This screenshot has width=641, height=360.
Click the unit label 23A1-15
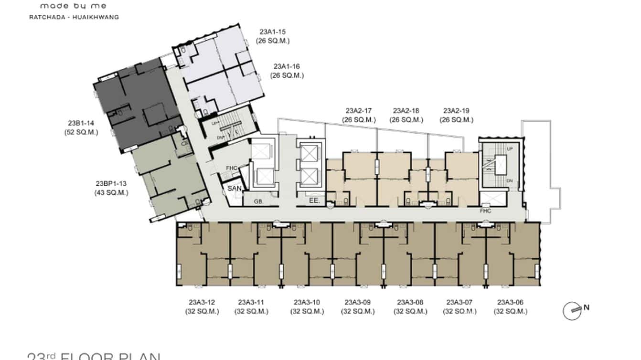click(x=273, y=32)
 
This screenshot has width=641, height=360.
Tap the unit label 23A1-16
click(x=287, y=67)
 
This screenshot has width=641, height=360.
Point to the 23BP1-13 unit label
click(x=111, y=184)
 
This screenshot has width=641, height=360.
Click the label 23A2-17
click(x=359, y=111)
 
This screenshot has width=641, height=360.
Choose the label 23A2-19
click(x=458, y=111)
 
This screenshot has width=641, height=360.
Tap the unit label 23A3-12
click(x=202, y=302)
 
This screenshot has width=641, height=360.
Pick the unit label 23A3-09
click(x=358, y=302)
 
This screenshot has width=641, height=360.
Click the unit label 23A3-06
click(x=511, y=302)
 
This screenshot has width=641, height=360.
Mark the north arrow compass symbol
click(x=572, y=311)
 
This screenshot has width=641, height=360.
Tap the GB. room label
click(x=258, y=202)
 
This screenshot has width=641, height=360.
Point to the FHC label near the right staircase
click(x=486, y=211)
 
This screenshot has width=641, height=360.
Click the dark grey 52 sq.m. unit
click(x=136, y=105)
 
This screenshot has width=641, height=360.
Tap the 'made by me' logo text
click(x=73, y=6)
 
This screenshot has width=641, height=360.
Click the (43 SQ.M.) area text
click(x=111, y=192)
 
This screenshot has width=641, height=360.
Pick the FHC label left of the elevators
click(x=232, y=168)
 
